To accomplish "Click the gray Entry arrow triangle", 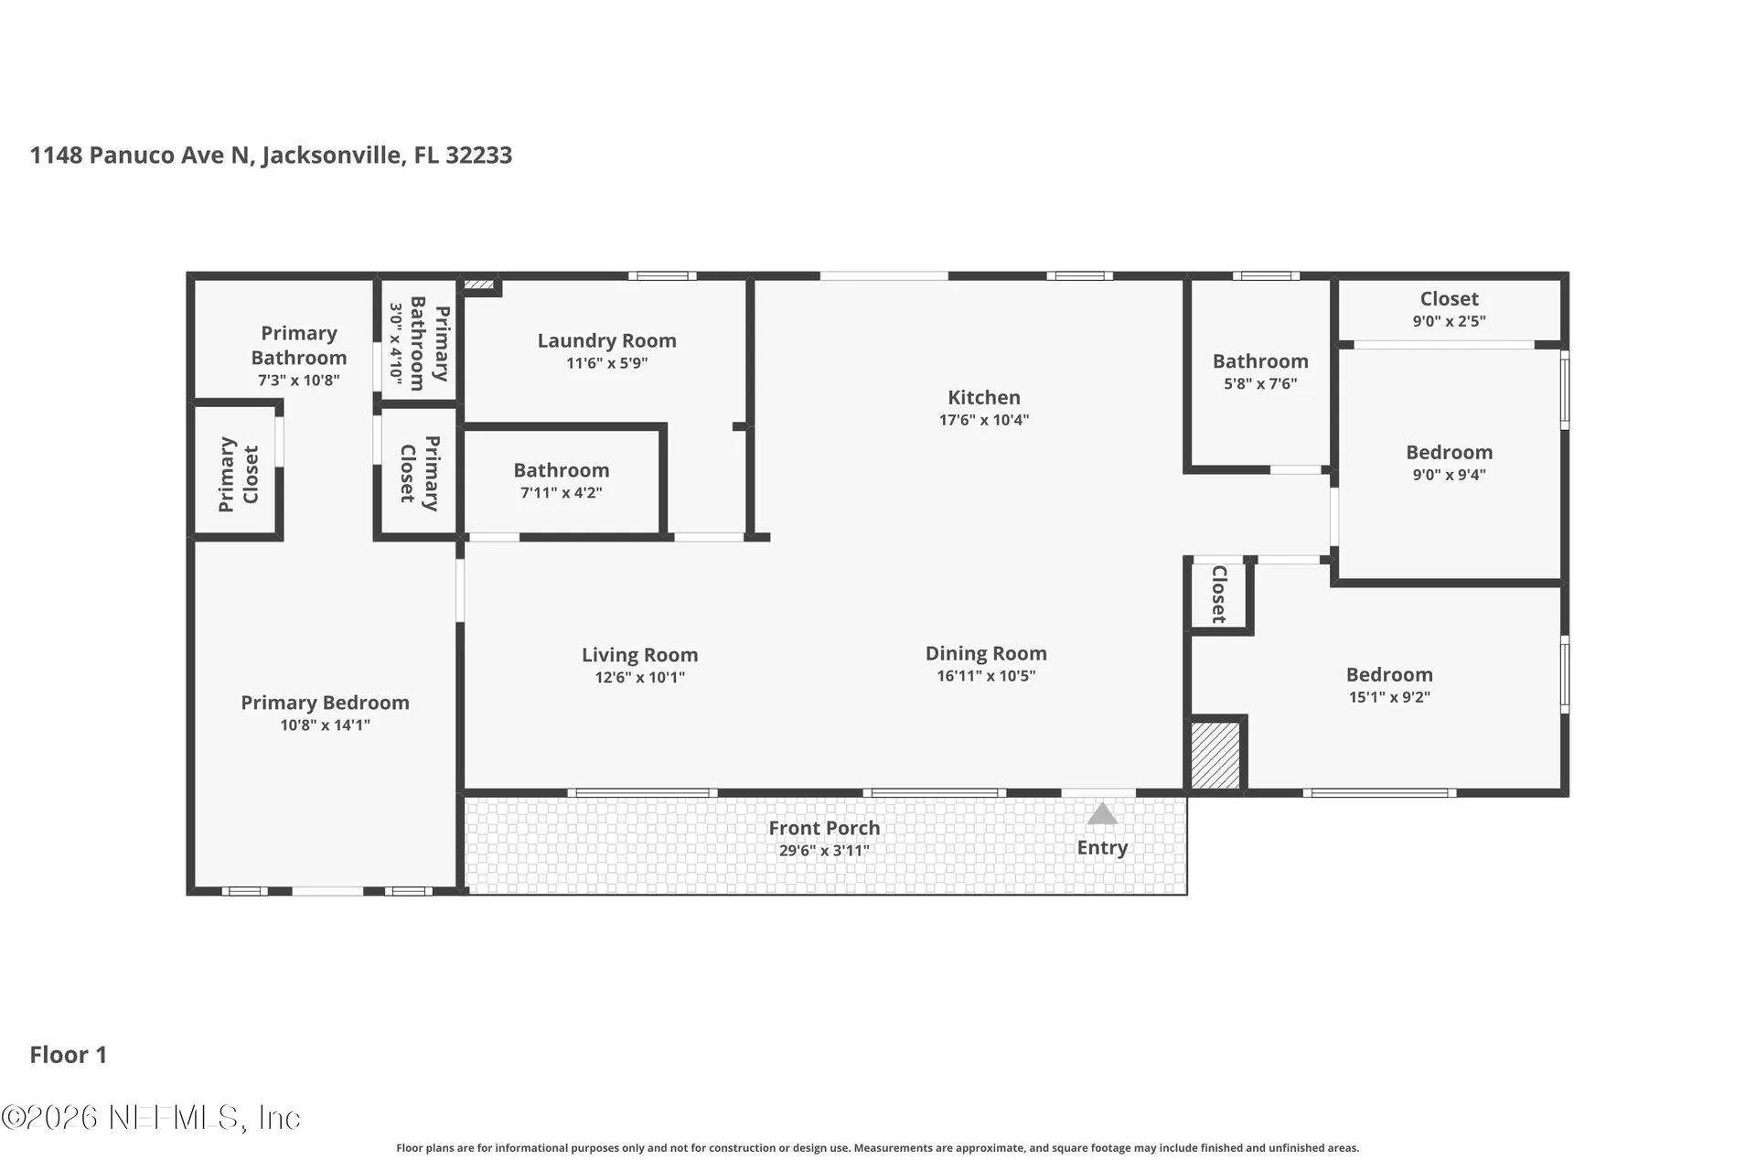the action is point(1102,813).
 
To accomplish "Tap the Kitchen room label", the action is point(984,398).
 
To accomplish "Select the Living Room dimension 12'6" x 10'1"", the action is point(640,678).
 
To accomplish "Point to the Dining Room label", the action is point(986,654).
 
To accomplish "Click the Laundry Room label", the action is point(607,341).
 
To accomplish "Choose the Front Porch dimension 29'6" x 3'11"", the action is point(824,851).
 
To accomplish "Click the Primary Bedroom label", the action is point(325,703).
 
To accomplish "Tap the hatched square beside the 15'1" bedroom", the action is point(1215,756).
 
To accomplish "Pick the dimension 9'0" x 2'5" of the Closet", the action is point(1450,321).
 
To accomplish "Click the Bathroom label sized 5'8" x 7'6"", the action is point(1260,361).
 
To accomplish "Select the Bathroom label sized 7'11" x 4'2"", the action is point(562,470).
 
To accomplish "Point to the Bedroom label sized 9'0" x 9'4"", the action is point(1450,452).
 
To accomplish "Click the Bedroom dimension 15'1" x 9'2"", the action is point(1389,697).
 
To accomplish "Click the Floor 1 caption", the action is point(69,1055).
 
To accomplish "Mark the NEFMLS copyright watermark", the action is point(151,1117).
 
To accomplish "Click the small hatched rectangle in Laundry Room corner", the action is point(479,285).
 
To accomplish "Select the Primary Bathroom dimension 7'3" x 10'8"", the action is point(299,381).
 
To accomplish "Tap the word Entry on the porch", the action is point(1102,848).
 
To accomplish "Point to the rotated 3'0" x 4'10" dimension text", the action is point(396,344).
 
